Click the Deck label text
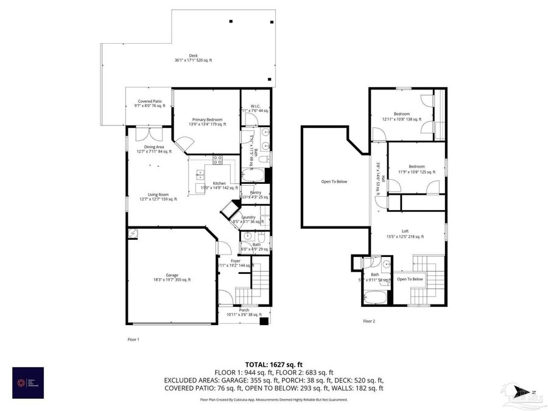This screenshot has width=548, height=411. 193,56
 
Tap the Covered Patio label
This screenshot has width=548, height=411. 150,102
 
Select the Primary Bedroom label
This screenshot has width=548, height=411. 207,120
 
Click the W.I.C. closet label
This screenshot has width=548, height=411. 256,106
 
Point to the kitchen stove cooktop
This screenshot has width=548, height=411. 217,161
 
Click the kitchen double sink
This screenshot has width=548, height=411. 200,175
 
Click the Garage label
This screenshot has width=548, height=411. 172,276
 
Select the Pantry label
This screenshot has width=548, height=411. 255,193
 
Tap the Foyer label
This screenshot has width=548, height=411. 235,261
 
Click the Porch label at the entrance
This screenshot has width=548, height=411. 244,310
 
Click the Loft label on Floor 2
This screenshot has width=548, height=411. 405,231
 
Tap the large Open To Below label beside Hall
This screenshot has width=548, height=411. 334,181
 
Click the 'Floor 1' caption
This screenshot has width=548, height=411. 133,339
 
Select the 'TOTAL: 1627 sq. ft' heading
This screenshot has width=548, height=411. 273,364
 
